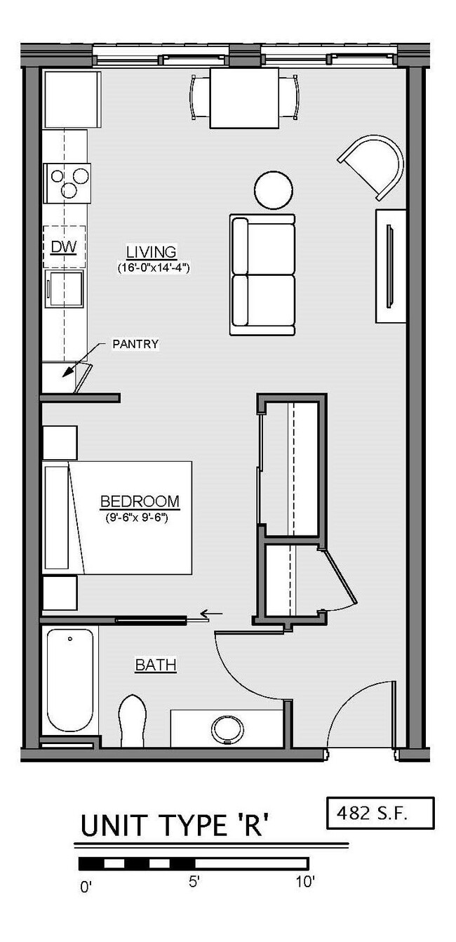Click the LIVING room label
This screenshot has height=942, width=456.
(151, 251)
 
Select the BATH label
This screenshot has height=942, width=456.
(155, 664)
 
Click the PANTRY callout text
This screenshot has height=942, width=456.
(135, 344)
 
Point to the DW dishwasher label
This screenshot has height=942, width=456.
(62, 246)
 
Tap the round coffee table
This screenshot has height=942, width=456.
(273, 190)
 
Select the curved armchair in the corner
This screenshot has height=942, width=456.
(375, 166)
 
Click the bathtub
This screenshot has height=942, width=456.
(69, 680)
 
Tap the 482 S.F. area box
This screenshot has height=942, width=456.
(380, 813)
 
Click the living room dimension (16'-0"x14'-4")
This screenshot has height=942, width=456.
(154, 267)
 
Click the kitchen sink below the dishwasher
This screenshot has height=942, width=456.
(64, 288)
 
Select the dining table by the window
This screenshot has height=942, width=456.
(244, 98)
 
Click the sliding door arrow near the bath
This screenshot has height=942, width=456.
(212, 614)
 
